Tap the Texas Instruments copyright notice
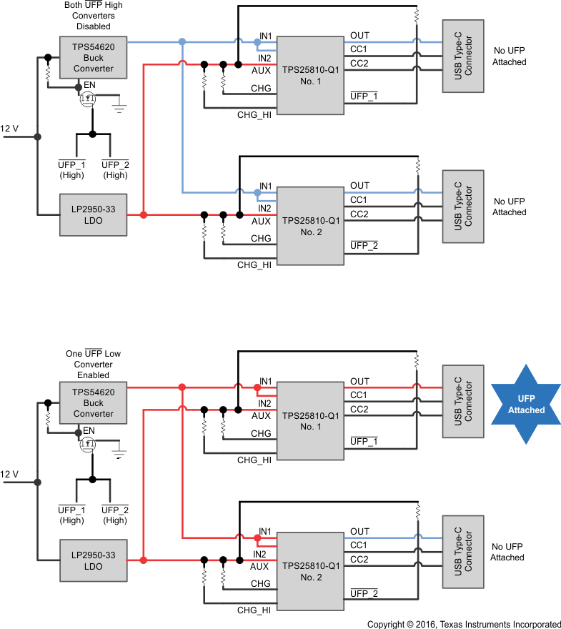point(464,624)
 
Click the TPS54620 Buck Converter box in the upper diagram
point(94,58)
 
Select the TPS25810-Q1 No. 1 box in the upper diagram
point(309,75)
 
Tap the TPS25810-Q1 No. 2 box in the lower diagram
point(309,570)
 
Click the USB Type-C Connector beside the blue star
point(463,405)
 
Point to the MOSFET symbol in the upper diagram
point(88,98)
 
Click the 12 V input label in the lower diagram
point(10,474)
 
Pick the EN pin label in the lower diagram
point(89,430)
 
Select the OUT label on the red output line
point(360,381)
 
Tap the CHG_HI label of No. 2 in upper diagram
point(254,264)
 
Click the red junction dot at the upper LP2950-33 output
point(144,214)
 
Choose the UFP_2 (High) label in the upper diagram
point(115,170)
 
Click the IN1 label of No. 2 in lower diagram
point(265,531)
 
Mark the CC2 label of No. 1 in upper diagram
point(359,63)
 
